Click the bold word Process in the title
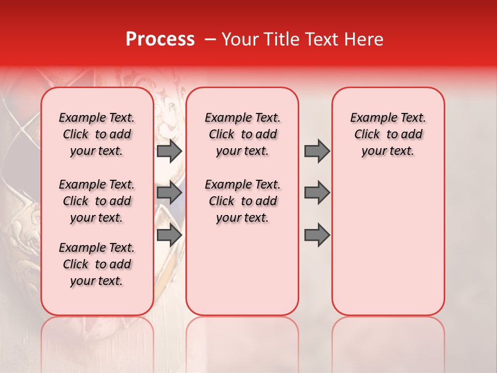(x=160, y=39)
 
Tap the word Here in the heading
(x=364, y=39)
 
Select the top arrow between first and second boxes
(x=169, y=151)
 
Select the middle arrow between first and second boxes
(x=169, y=193)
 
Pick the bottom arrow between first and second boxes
(x=169, y=235)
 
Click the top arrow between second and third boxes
(x=317, y=151)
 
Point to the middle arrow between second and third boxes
(x=317, y=193)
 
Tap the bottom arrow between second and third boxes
(x=317, y=235)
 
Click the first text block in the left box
(x=97, y=134)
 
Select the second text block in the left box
(x=97, y=201)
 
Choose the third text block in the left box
(x=97, y=264)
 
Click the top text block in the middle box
(x=242, y=134)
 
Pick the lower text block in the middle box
(x=242, y=201)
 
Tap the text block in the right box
(x=388, y=134)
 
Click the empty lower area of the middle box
(x=242, y=269)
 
